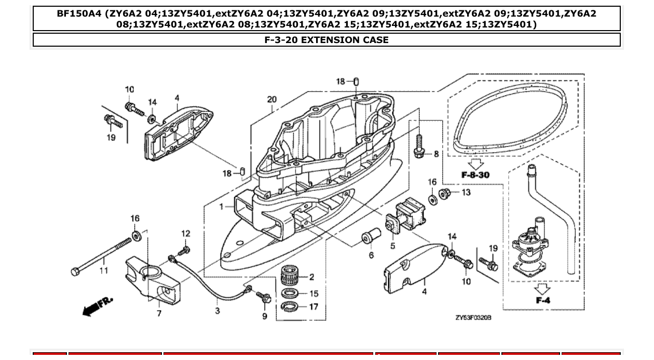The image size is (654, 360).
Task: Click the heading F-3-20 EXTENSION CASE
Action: click(326, 40)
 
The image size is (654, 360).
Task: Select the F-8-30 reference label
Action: click(475, 175)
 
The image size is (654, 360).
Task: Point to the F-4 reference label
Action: click(543, 300)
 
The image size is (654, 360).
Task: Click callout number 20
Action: click(272, 100)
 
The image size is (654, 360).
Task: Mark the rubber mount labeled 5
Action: click(407, 217)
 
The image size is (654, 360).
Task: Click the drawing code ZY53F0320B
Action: click(470, 317)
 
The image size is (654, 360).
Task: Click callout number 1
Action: click(221, 206)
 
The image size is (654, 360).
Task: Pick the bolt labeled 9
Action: click(264, 298)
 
